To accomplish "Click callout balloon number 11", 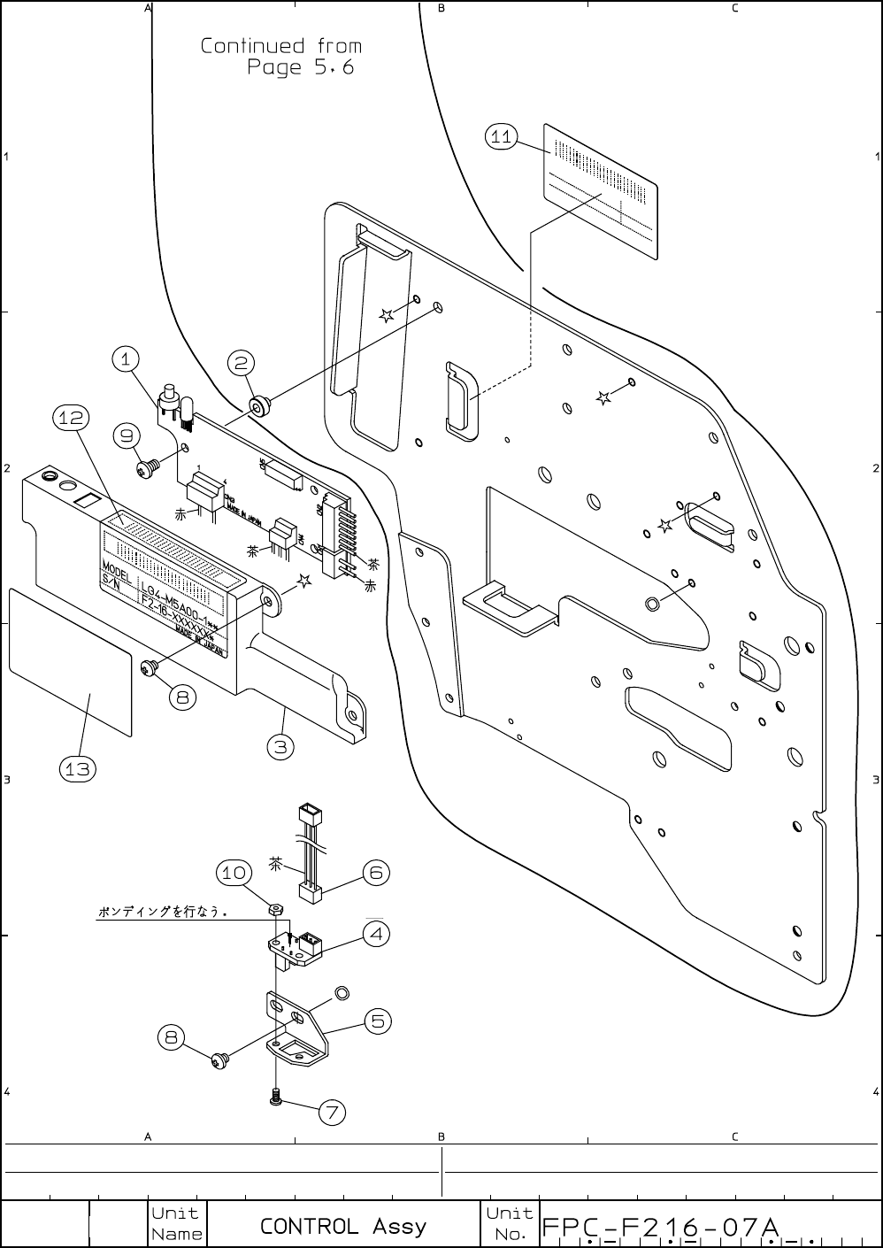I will pos(502,136).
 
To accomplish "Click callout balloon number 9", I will pos(128,435).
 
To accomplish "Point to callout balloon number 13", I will pos(77,769).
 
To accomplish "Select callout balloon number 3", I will pos(280,746).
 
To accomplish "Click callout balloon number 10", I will pos(234,873).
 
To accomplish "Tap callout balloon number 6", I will pos(376,873).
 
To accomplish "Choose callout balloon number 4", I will pos(376,933).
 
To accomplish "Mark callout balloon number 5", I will pos(378,1021).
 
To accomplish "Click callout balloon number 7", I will pos(332,1112).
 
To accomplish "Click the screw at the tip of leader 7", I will pos(277,1098).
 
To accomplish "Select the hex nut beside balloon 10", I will pos(275,909).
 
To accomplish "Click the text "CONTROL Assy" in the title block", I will pos(342,1226).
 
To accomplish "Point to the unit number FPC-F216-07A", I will pos(660,1227).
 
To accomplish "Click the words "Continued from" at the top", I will pos(280,45).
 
